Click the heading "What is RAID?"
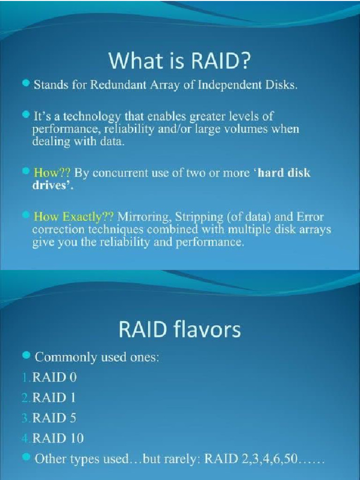tap(180, 63)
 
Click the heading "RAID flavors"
tap(180, 330)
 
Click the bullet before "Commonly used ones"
tap(26, 356)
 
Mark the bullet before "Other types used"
tap(26, 457)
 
